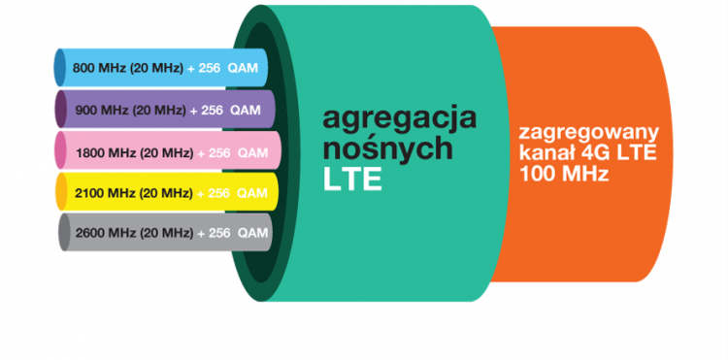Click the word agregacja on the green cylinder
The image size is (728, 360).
tap(400, 119)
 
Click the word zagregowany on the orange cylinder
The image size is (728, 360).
tap(589, 133)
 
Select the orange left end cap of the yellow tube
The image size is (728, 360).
tap(61, 193)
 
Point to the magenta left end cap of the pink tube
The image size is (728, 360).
tap(61, 152)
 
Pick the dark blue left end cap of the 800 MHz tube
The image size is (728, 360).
tap(59, 69)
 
